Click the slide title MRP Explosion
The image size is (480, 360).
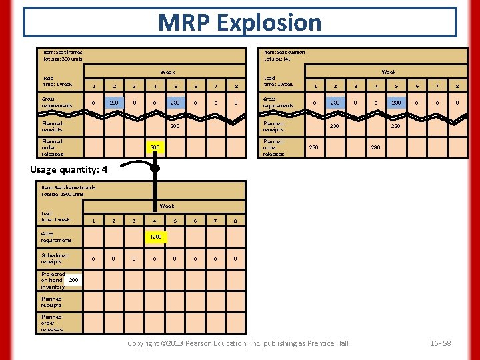pos(239,22)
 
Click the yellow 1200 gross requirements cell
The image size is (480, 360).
pos(155,237)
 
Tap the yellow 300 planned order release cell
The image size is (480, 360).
pos(155,147)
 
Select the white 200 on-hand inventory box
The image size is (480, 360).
pos(73,281)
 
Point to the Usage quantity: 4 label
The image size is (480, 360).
pos(69,169)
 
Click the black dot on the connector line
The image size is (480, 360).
pos(155,169)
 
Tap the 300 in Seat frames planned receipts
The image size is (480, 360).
pos(175,126)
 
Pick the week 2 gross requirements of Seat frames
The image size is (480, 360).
pos(114,102)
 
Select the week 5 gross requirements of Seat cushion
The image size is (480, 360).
pos(396,102)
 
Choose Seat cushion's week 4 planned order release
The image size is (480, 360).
pos(375,147)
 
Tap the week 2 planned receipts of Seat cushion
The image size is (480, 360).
pos(334,126)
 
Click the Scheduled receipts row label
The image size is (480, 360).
pos(55,258)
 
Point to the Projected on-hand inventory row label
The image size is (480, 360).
pos(53,281)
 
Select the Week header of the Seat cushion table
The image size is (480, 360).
pos(388,72)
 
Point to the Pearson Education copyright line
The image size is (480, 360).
pos(238,343)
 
